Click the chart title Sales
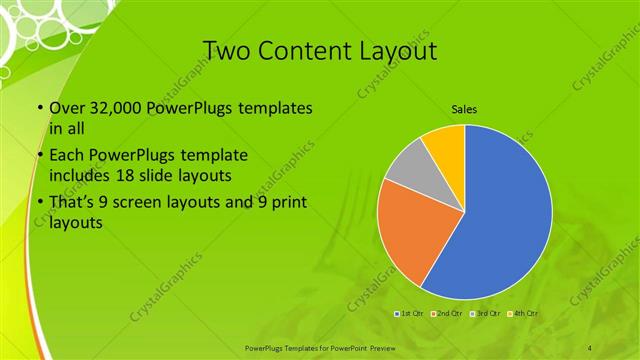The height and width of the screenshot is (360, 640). [x=464, y=107]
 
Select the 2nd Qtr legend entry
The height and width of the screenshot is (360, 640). [x=447, y=314]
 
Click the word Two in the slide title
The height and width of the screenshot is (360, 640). [x=224, y=51]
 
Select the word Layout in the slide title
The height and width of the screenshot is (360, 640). [x=401, y=51]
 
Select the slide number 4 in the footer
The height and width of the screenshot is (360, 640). [x=589, y=347]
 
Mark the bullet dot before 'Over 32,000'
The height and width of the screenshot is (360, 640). [x=39, y=109]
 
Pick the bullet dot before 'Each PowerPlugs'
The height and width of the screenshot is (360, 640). [x=39, y=156]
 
